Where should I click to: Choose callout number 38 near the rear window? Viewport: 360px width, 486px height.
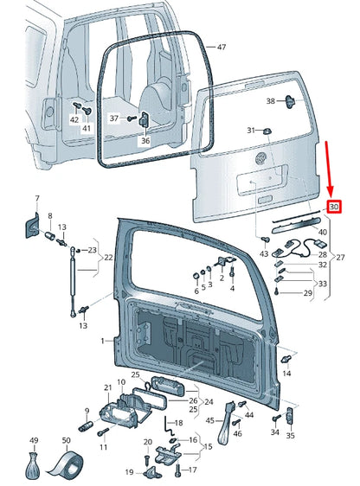(x=270, y=101)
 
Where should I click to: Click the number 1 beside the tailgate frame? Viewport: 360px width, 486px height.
(x=101, y=342)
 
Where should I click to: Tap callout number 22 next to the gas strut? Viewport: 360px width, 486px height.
(x=107, y=258)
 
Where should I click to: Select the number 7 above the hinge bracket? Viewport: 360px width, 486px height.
(x=36, y=199)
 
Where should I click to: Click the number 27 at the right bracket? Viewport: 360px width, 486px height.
(x=340, y=257)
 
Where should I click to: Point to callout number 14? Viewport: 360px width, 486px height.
(x=286, y=373)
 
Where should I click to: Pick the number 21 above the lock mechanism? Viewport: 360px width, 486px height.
(x=108, y=387)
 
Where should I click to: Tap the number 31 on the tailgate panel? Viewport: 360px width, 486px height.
(x=252, y=130)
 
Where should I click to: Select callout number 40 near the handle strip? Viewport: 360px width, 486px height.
(x=322, y=232)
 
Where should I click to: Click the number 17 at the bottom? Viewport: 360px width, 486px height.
(x=193, y=470)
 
